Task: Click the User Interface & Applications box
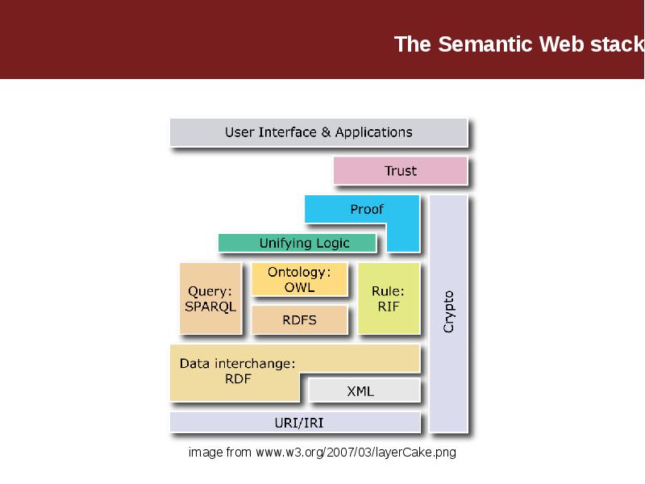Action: (318, 132)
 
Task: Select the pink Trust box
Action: (400, 170)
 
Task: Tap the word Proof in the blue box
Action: (367, 209)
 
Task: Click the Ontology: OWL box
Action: (299, 279)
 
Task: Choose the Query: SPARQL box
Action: (210, 298)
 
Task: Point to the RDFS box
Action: (299, 319)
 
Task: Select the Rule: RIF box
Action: (389, 298)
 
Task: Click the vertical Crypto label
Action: (449, 311)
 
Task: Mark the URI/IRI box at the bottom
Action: (295, 422)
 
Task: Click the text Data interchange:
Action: (238, 363)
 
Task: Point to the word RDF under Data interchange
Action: (238, 378)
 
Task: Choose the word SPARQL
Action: (210, 307)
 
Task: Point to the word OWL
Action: (299, 287)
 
